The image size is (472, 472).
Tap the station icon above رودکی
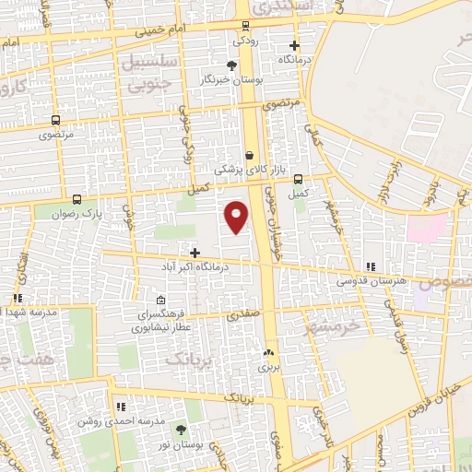244,26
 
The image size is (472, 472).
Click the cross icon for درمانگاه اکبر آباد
195,252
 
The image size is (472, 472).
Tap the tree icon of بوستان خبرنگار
231,65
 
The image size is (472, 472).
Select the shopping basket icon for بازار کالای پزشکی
251,155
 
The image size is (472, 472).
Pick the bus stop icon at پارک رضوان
76,198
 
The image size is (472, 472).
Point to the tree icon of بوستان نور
180,429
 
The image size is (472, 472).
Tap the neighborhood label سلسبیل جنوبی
146,75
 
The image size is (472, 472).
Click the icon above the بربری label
268,352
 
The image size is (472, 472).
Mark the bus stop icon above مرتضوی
55,120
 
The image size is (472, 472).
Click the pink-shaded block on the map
427,227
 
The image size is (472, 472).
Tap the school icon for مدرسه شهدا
17,298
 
